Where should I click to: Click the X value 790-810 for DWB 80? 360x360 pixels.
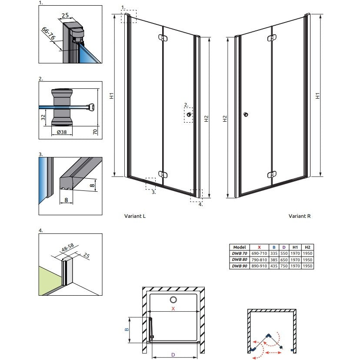click(259, 260)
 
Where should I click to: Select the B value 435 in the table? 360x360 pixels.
click(274, 266)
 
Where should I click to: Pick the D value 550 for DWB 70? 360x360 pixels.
click(284, 253)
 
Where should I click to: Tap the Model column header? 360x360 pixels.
click(240, 247)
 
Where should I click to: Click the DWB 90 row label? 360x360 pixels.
click(240, 266)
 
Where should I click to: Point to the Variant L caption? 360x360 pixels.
click(135, 216)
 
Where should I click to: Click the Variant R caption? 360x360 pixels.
click(300, 216)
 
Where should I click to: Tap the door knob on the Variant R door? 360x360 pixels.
click(246, 114)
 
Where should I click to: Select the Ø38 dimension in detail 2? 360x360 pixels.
click(62, 132)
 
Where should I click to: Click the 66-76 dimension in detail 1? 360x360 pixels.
click(48, 33)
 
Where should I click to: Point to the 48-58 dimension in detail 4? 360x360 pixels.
click(68, 247)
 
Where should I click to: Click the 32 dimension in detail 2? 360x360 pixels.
click(43, 117)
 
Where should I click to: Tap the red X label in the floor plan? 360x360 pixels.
click(173, 309)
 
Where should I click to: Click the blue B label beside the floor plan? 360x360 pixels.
click(127, 330)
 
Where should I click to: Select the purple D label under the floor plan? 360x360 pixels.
click(173, 355)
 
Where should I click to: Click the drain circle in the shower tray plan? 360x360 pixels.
click(173, 300)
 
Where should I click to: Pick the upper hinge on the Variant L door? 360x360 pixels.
click(163, 38)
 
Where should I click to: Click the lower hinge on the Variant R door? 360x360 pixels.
click(272, 175)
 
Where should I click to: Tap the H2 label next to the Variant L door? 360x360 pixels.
click(206, 119)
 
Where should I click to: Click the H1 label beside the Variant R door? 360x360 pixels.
click(317, 96)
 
